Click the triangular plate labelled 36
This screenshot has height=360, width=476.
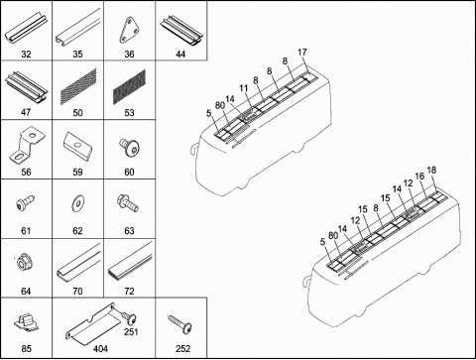tap(129, 31)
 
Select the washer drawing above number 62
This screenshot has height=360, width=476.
tap(78, 202)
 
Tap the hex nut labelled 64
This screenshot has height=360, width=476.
tap(26, 264)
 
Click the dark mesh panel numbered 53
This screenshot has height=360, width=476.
tap(129, 87)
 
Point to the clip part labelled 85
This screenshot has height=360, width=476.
tap(26, 322)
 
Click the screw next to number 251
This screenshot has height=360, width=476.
tap(129, 317)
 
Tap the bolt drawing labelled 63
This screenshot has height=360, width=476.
tap(128, 202)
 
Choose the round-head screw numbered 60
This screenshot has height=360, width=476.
tap(129, 147)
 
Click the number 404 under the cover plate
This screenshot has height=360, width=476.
tap(100, 348)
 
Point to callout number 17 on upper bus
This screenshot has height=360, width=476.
tap(302, 53)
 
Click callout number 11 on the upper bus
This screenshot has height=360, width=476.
tap(243, 88)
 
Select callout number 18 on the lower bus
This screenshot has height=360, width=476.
tap(431, 171)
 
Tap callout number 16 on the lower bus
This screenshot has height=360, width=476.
tap(419, 176)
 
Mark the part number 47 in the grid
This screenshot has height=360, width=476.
tap(26, 112)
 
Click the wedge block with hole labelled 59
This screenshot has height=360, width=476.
tap(78, 146)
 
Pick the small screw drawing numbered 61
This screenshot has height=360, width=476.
tap(26, 202)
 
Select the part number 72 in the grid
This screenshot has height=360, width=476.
tap(129, 291)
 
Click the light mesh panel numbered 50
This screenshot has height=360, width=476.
tap(78, 85)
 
